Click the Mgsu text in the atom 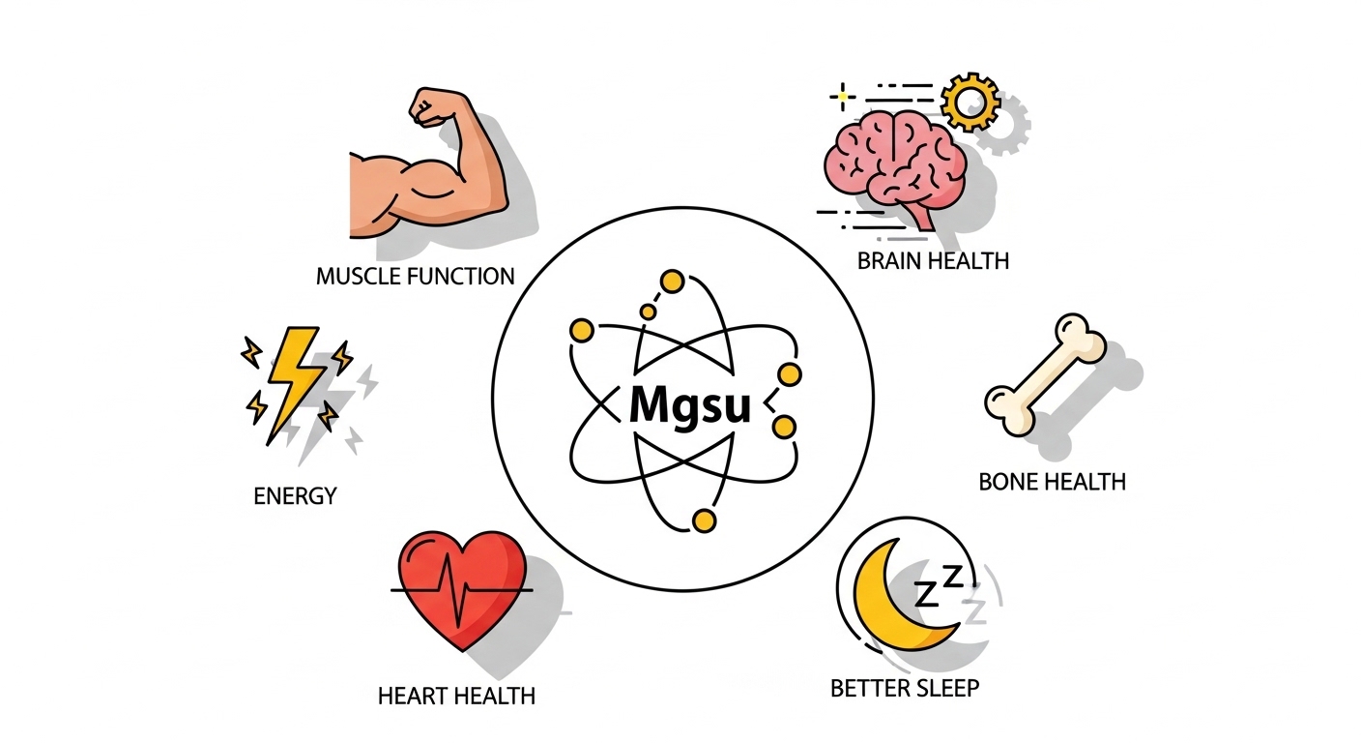click(688, 404)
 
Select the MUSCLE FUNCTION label click(415, 277)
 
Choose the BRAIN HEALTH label click(933, 260)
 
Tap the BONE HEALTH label click(1052, 481)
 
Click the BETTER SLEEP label click(904, 689)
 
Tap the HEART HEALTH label click(457, 695)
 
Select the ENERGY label click(295, 496)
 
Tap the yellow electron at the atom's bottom click(705, 521)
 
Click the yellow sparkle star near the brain click(843, 96)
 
